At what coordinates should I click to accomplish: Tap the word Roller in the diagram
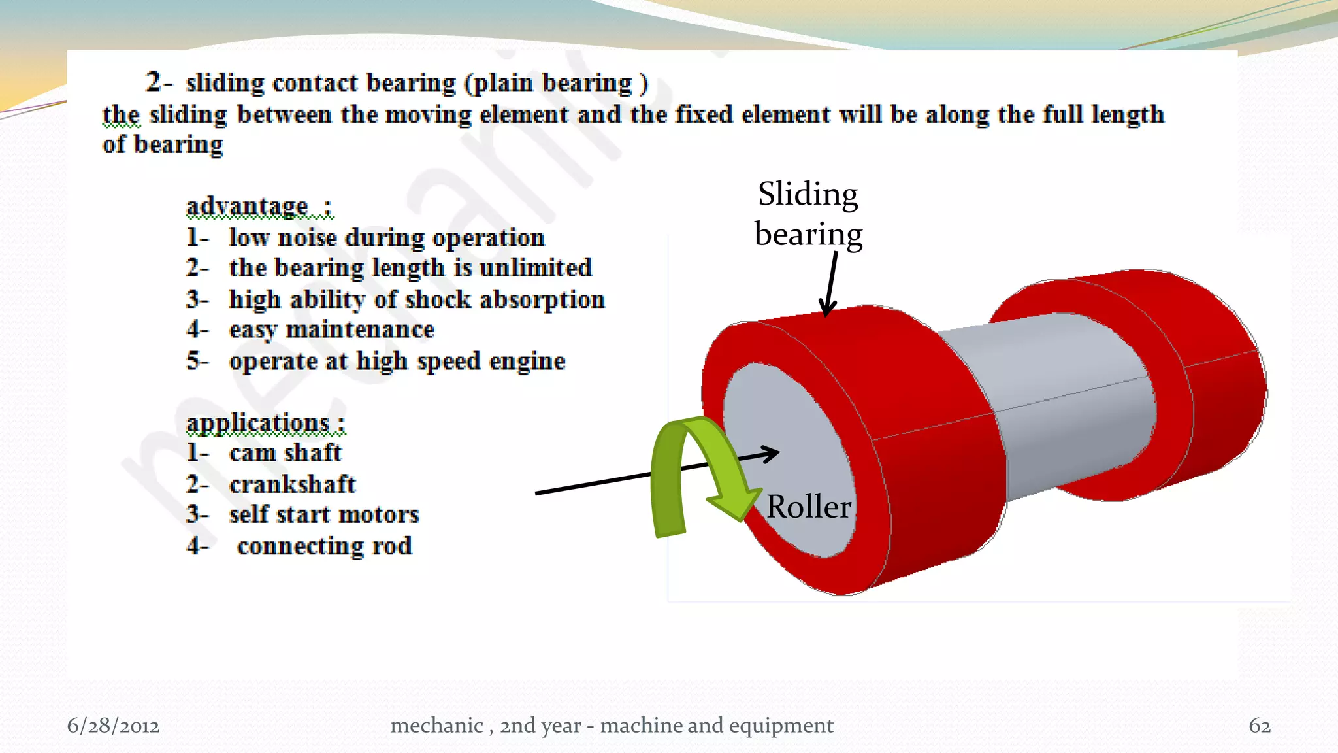809,507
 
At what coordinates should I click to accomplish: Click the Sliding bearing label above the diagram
808,214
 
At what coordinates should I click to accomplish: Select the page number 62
1260,726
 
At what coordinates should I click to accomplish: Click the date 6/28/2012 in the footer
113,726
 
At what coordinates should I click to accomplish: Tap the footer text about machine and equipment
612,726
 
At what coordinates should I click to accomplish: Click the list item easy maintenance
331,329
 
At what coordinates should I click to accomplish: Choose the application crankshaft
292,484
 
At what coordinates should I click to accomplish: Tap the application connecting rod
325,546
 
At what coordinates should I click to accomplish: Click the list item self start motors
324,514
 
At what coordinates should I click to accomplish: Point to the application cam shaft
286,452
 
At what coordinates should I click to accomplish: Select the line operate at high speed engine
397,361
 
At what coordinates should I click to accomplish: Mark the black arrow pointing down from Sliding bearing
831,284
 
